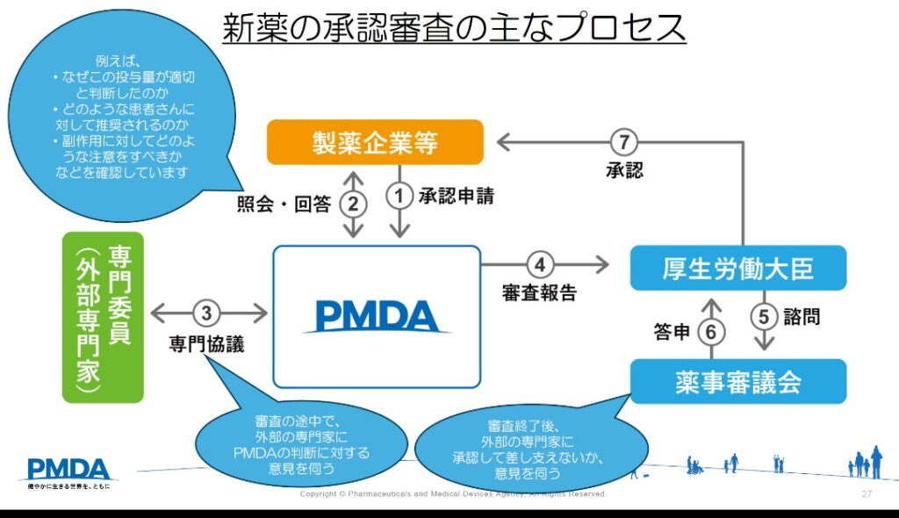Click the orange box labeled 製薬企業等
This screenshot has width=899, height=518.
point(375,142)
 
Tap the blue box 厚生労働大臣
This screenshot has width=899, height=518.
point(737,268)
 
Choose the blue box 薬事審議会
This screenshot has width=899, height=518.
point(737,381)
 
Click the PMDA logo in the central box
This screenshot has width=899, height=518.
point(376,316)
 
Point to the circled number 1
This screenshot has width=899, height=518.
point(400,196)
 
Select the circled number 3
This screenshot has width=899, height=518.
point(207,313)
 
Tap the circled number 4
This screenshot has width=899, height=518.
point(541,263)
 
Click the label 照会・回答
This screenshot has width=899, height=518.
point(284,205)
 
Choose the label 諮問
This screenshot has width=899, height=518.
point(801,315)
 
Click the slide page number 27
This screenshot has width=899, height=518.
point(867,495)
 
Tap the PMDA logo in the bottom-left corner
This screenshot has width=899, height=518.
point(68,471)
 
